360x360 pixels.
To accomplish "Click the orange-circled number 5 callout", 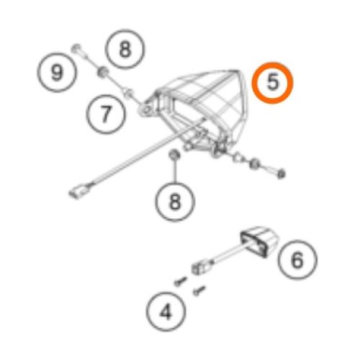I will tap(273, 83).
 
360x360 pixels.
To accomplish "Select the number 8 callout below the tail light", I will tap(175, 202).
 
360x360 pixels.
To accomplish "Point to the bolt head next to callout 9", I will tap(78, 50).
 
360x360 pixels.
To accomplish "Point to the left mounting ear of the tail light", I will tap(148, 109).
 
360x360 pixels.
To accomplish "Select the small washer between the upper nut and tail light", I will tap(127, 91).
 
